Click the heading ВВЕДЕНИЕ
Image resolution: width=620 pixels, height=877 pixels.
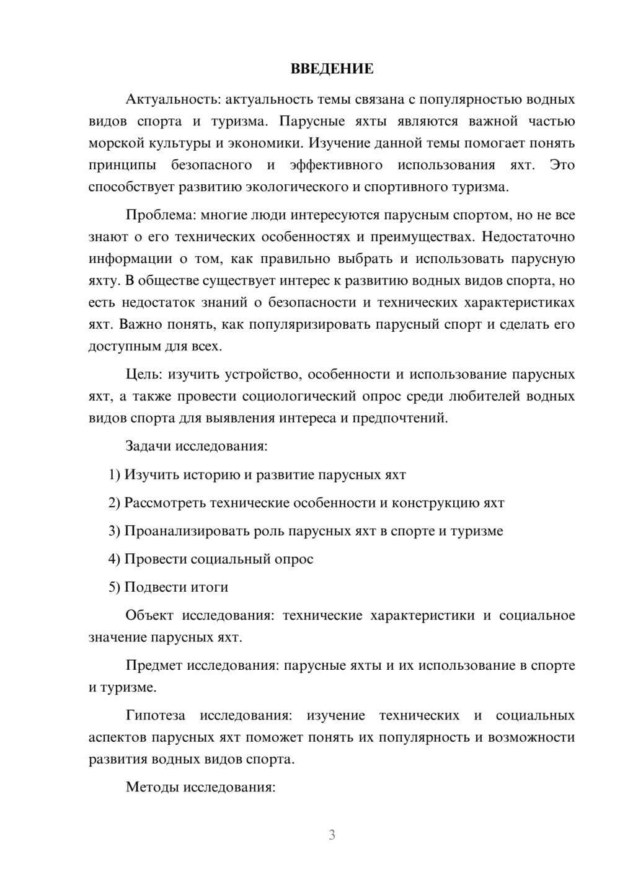tap(332, 69)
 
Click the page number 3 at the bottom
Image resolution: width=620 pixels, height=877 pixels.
tap(332, 835)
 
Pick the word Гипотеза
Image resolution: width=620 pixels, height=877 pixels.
tap(155, 715)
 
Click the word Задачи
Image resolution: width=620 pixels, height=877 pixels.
tap(149, 446)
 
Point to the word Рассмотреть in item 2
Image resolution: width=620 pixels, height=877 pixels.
tap(165, 502)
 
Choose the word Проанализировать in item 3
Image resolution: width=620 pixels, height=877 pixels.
tap(187, 531)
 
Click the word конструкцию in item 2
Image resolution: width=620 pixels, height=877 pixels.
tap(436, 502)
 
